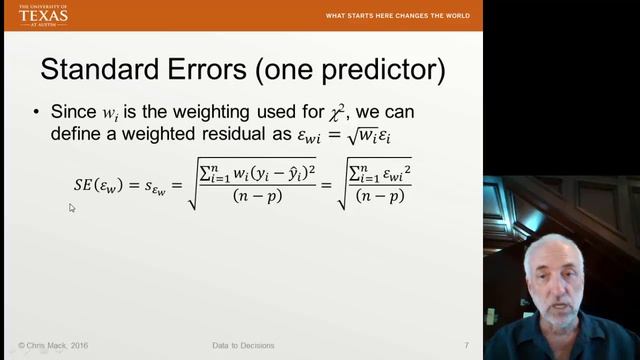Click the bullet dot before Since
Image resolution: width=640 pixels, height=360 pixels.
(x=37, y=111)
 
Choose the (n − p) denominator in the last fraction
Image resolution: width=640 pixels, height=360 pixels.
(x=382, y=196)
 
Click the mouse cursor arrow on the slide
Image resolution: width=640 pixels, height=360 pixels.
(x=72, y=208)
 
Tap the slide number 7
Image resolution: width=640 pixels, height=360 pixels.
(x=466, y=345)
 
